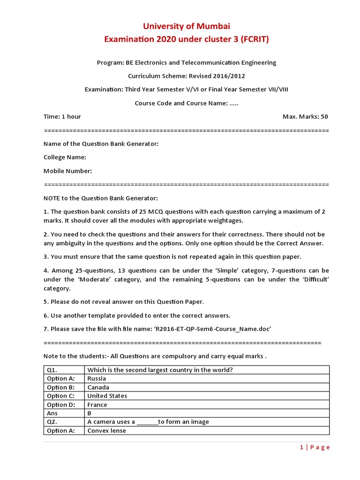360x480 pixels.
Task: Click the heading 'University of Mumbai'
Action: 186,26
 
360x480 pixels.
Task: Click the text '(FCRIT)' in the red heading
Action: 255,39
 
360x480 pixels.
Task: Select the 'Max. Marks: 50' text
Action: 305,116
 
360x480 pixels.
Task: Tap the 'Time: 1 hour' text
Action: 62,116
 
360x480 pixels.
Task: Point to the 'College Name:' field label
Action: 65,157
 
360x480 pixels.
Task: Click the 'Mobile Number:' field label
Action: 67,171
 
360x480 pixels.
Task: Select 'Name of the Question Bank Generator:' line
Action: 101,144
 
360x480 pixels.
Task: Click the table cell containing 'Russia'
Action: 97,379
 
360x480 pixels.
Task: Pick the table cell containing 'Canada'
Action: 98,388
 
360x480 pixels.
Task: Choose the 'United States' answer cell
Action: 107,396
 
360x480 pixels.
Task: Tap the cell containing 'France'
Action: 97,405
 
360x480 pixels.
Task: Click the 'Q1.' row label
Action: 52,370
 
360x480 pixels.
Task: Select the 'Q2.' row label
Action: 52,422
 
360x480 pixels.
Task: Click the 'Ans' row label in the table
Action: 52,413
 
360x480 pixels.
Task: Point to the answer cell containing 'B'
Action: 90,413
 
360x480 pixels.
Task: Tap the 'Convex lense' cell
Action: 106,431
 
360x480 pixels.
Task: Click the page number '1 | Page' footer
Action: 315,447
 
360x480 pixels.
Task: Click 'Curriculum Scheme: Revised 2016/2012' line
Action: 186,76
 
